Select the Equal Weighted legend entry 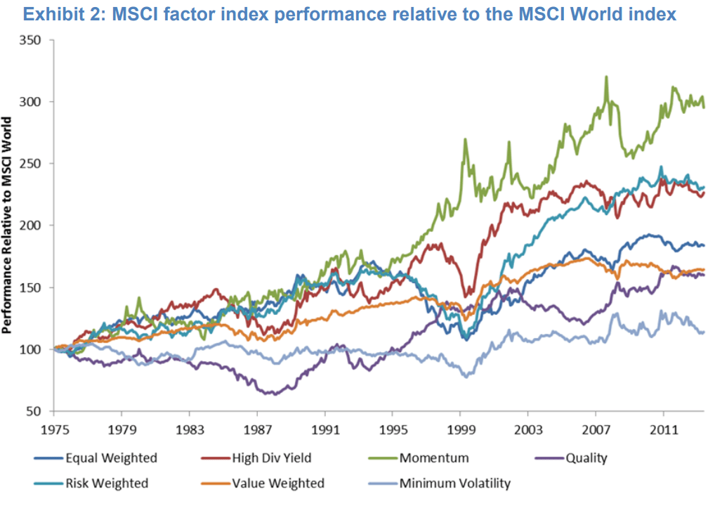111,459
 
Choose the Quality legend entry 586,459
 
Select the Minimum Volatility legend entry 455,483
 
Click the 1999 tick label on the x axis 461,427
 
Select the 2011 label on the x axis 664,427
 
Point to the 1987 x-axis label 258,427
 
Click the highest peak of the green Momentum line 605,77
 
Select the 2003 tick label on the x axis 528,427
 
